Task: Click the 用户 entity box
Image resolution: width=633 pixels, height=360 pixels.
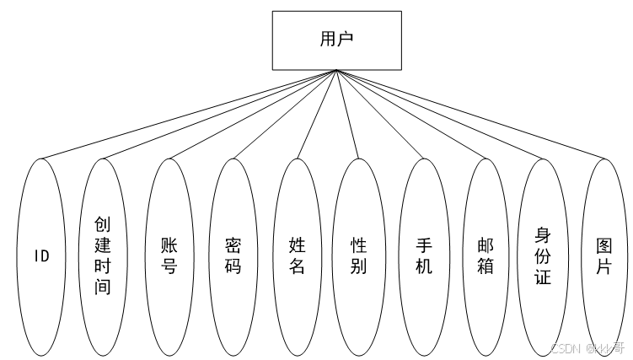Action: pos(335,39)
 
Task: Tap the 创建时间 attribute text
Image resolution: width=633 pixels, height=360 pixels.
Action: pos(104,255)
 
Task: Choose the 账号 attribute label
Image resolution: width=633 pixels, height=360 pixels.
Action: pos(169,255)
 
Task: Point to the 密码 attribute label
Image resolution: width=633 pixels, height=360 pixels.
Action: pos(233,255)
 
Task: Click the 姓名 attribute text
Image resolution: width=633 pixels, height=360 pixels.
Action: pos(297,255)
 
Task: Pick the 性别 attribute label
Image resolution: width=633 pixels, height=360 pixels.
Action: pos(359,255)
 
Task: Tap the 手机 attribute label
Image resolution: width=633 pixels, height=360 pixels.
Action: pos(424,255)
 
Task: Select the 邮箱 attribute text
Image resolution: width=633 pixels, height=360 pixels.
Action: pos(486,255)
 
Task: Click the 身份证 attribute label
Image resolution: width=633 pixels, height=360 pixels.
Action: pos(544,255)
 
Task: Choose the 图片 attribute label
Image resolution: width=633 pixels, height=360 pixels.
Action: pos(604,255)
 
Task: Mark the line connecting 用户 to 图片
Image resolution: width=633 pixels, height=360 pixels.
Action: pos(472,115)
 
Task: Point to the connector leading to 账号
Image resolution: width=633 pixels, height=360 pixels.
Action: pos(253,114)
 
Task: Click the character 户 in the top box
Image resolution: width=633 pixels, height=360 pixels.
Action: pos(346,39)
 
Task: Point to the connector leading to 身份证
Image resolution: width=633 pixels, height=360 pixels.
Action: pos(440,114)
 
